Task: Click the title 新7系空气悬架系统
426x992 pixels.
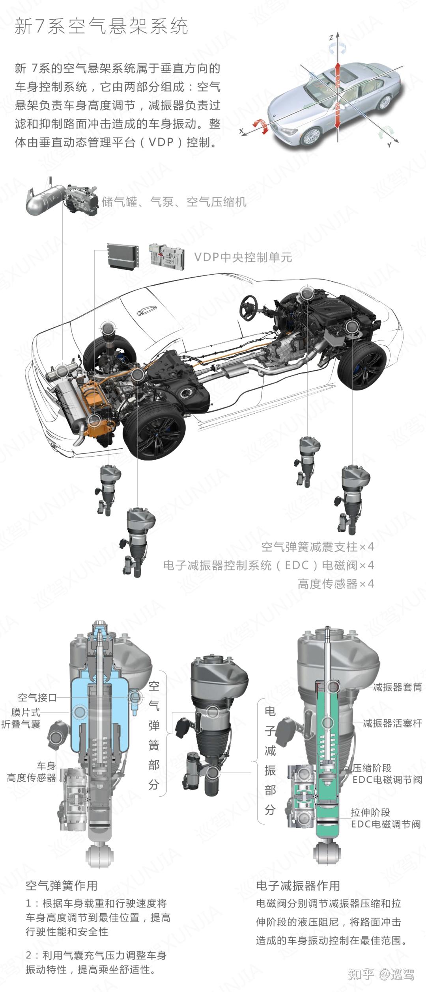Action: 101,27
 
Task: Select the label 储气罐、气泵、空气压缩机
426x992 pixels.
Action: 174,202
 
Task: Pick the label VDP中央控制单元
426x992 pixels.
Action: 243,257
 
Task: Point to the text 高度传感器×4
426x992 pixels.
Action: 336,584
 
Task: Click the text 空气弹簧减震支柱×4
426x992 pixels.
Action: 318,547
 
